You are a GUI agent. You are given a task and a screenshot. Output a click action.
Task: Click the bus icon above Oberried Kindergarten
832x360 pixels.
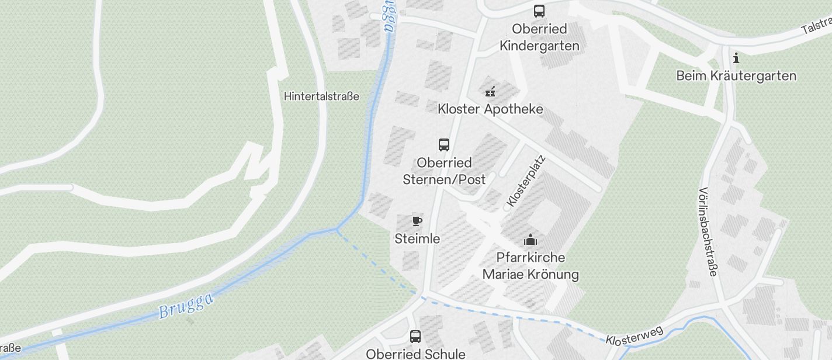pos(539,11)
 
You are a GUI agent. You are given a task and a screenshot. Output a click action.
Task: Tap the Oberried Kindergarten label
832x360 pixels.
pos(539,37)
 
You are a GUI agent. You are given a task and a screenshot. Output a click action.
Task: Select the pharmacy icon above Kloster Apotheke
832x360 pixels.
pos(490,91)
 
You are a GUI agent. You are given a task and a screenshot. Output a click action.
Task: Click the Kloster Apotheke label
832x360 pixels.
pos(490,109)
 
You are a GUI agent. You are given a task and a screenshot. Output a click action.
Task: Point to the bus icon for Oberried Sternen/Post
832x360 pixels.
pos(444,144)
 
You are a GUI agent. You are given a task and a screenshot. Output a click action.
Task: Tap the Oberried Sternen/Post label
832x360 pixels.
pos(444,171)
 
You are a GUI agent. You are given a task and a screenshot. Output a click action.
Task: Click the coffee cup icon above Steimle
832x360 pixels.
pos(417,221)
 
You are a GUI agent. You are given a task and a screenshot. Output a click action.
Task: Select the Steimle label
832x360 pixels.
pos(417,239)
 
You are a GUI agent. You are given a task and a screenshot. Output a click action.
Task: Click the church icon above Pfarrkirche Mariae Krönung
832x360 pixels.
pos(531,240)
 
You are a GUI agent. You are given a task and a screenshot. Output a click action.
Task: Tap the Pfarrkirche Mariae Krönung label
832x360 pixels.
pos(531,266)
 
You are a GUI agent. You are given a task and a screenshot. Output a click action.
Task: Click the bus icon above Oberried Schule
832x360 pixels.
pos(415,336)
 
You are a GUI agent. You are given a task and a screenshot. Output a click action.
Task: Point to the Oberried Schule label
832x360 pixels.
pos(415,354)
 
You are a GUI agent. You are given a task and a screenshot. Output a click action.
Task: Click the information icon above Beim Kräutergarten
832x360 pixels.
pos(736,58)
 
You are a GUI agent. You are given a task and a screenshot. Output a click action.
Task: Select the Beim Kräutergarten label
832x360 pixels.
pos(736,76)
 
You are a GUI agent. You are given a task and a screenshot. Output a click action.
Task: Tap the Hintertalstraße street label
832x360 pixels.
pos(321,96)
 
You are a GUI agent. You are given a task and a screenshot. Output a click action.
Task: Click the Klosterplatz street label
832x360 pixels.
pos(526,181)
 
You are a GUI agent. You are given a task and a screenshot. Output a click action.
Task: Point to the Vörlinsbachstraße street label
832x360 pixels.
pos(708,232)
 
